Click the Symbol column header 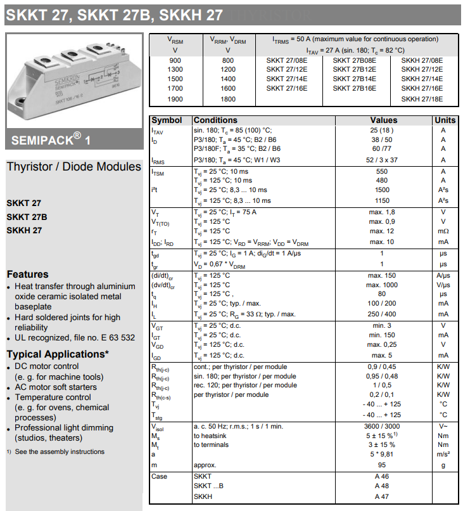[x=167, y=120]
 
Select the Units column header [x=445, y=120]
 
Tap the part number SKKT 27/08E [x=287, y=60]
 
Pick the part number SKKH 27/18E [x=422, y=99]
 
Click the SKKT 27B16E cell [x=354, y=89]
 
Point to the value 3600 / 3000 [x=382, y=426]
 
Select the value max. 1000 [x=382, y=285]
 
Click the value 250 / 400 [x=382, y=314]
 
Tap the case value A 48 [x=382, y=486]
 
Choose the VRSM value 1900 [x=175, y=100]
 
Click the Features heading [x=27, y=274]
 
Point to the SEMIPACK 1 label [x=51, y=139]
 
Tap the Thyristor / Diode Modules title [x=73, y=167]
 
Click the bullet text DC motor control [x=46, y=366]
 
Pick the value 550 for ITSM [x=382, y=171]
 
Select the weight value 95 [x=382, y=465]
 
